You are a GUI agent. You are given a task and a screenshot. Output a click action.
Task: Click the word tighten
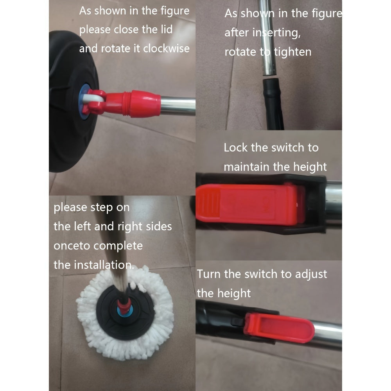[292, 52]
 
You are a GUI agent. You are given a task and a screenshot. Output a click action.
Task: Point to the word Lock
[236, 147]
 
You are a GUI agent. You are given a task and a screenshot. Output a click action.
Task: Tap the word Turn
[208, 274]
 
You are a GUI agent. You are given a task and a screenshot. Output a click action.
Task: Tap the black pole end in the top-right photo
[273, 104]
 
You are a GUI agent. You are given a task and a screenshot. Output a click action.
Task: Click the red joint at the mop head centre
[124, 306]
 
